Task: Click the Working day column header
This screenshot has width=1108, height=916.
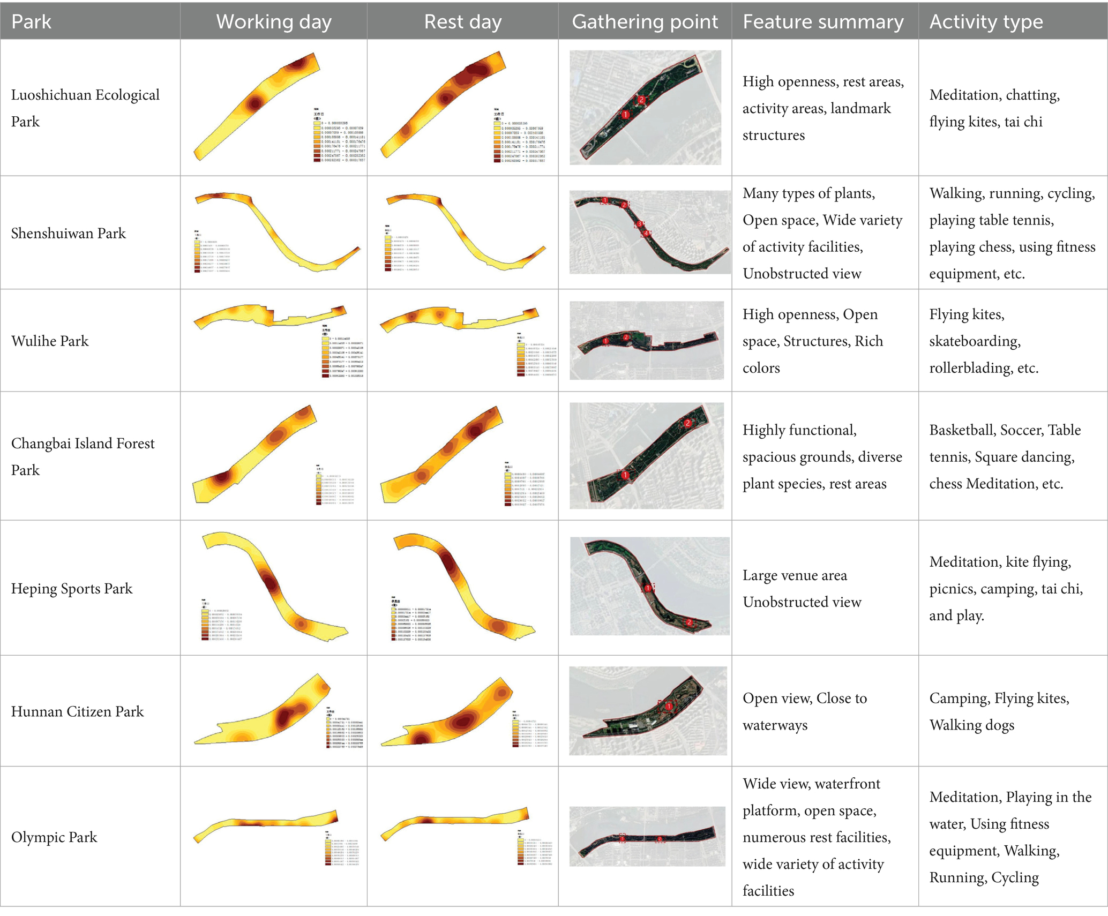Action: coord(274,22)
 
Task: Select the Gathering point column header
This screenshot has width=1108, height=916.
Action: coord(645,22)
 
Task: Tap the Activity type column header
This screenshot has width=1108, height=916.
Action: coord(986,22)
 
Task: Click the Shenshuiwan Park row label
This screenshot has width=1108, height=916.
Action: coord(69,234)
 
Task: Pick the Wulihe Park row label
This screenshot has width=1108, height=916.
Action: coord(50,341)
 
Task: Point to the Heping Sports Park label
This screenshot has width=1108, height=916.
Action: coord(72,589)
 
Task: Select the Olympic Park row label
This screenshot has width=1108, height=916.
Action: coord(54,837)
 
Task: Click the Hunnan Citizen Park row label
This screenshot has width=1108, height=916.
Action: coord(78,711)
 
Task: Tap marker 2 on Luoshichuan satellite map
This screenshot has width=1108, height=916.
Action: coord(641,100)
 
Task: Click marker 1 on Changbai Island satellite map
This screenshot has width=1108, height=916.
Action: coord(625,475)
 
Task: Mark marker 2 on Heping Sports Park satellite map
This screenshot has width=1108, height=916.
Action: coord(690,622)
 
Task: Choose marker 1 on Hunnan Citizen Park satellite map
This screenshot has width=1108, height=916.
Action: coord(669,707)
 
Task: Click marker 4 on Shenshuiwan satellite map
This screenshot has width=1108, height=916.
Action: coord(646,234)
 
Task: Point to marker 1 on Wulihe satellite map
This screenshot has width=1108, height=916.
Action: coord(605,341)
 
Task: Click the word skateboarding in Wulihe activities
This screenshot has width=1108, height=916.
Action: coord(975,341)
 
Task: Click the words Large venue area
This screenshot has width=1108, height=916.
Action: coord(795,576)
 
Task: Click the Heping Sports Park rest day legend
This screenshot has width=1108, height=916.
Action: coord(411,620)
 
